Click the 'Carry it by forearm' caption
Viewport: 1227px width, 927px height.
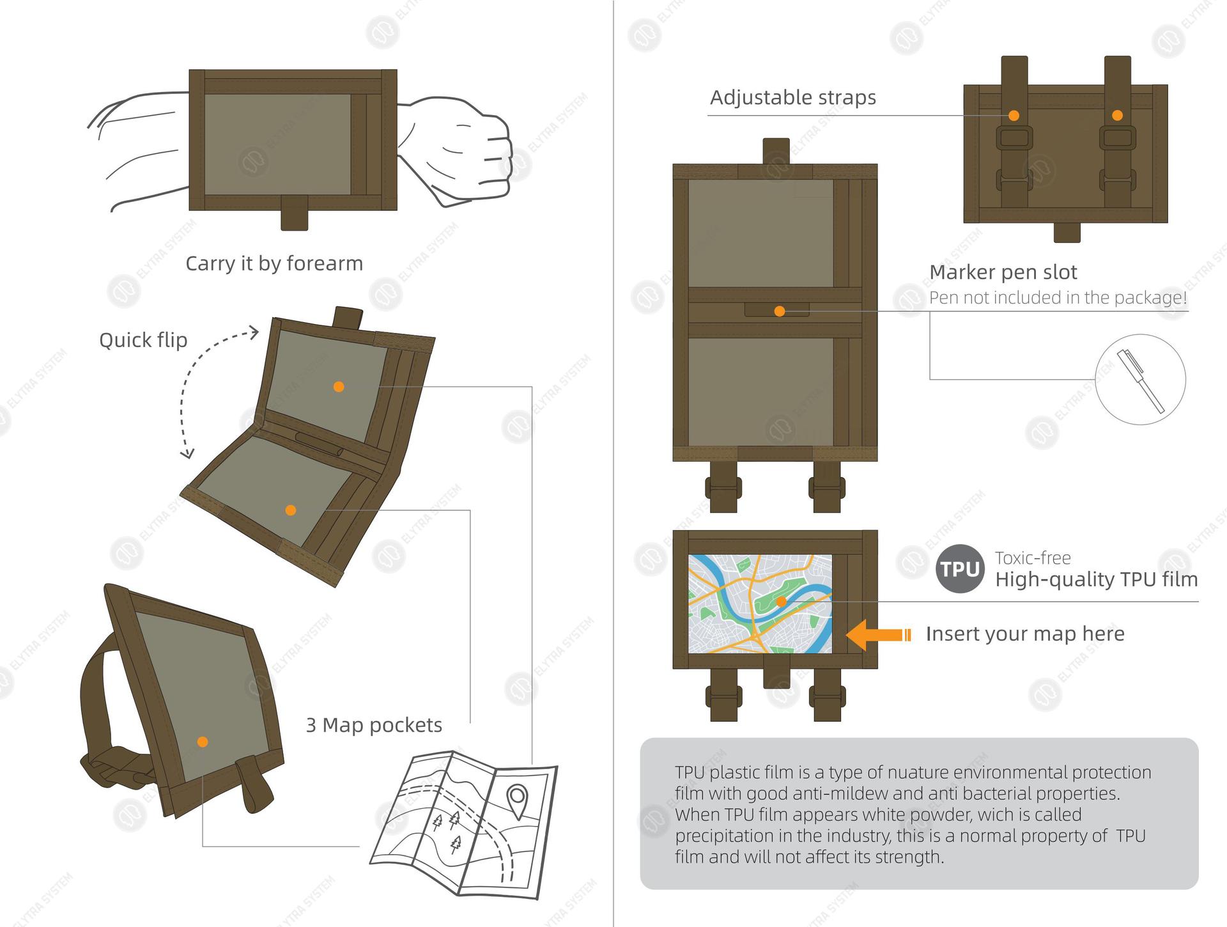tap(274, 263)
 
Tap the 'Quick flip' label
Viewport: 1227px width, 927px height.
tap(143, 340)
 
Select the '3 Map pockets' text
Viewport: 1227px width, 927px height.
tap(374, 725)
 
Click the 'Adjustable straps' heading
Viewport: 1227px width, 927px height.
tap(792, 98)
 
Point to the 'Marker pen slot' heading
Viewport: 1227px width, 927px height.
tap(1003, 272)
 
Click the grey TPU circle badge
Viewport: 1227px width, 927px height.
tap(960, 568)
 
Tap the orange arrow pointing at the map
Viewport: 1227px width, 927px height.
tap(877, 635)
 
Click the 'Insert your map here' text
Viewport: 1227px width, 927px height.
tap(1024, 634)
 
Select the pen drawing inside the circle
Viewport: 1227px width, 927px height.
tap(1140, 380)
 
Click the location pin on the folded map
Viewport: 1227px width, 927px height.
tap(516, 799)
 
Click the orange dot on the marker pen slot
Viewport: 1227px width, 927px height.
tap(779, 311)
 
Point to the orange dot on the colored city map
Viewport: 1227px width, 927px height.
tap(781, 602)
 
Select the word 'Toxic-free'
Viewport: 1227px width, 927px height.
tap(1032, 558)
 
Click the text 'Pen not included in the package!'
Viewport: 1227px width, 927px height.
tap(1058, 298)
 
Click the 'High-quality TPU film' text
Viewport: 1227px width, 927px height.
tap(1096, 579)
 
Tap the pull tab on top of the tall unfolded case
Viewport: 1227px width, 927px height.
tap(776, 151)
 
